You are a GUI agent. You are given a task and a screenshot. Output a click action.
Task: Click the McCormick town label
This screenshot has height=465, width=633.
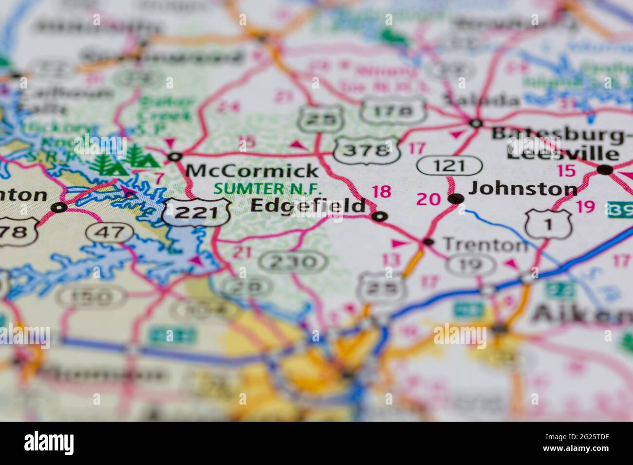pyautogui.click(x=252, y=171)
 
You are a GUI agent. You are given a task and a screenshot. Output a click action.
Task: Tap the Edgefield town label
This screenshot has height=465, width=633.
pyautogui.click(x=307, y=206)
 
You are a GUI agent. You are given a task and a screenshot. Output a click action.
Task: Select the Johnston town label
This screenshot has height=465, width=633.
pyautogui.click(x=522, y=189)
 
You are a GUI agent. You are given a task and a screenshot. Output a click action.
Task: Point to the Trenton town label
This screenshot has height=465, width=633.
pyautogui.click(x=485, y=245)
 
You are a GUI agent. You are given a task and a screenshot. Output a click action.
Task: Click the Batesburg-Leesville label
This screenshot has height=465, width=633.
pyautogui.click(x=558, y=143)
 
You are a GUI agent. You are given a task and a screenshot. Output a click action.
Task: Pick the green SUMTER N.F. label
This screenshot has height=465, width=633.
pyautogui.click(x=268, y=188)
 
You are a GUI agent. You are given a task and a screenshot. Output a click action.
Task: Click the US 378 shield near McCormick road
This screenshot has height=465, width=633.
pyautogui.click(x=367, y=150)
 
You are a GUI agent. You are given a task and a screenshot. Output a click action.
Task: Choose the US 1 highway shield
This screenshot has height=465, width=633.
pyautogui.click(x=548, y=224)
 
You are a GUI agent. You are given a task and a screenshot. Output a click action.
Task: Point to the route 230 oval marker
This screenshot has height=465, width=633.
pyautogui.click(x=293, y=262)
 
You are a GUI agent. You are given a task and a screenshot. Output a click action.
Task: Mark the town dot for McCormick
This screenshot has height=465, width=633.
pyautogui.click(x=174, y=157)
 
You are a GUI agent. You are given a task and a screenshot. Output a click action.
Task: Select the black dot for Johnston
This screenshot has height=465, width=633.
pyautogui.click(x=456, y=198)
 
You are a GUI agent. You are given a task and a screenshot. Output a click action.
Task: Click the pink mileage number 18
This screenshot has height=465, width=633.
pyautogui.click(x=381, y=192)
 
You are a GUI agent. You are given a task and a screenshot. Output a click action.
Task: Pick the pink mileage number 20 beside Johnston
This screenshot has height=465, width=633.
pyautogui.click(x=428, y=199)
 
